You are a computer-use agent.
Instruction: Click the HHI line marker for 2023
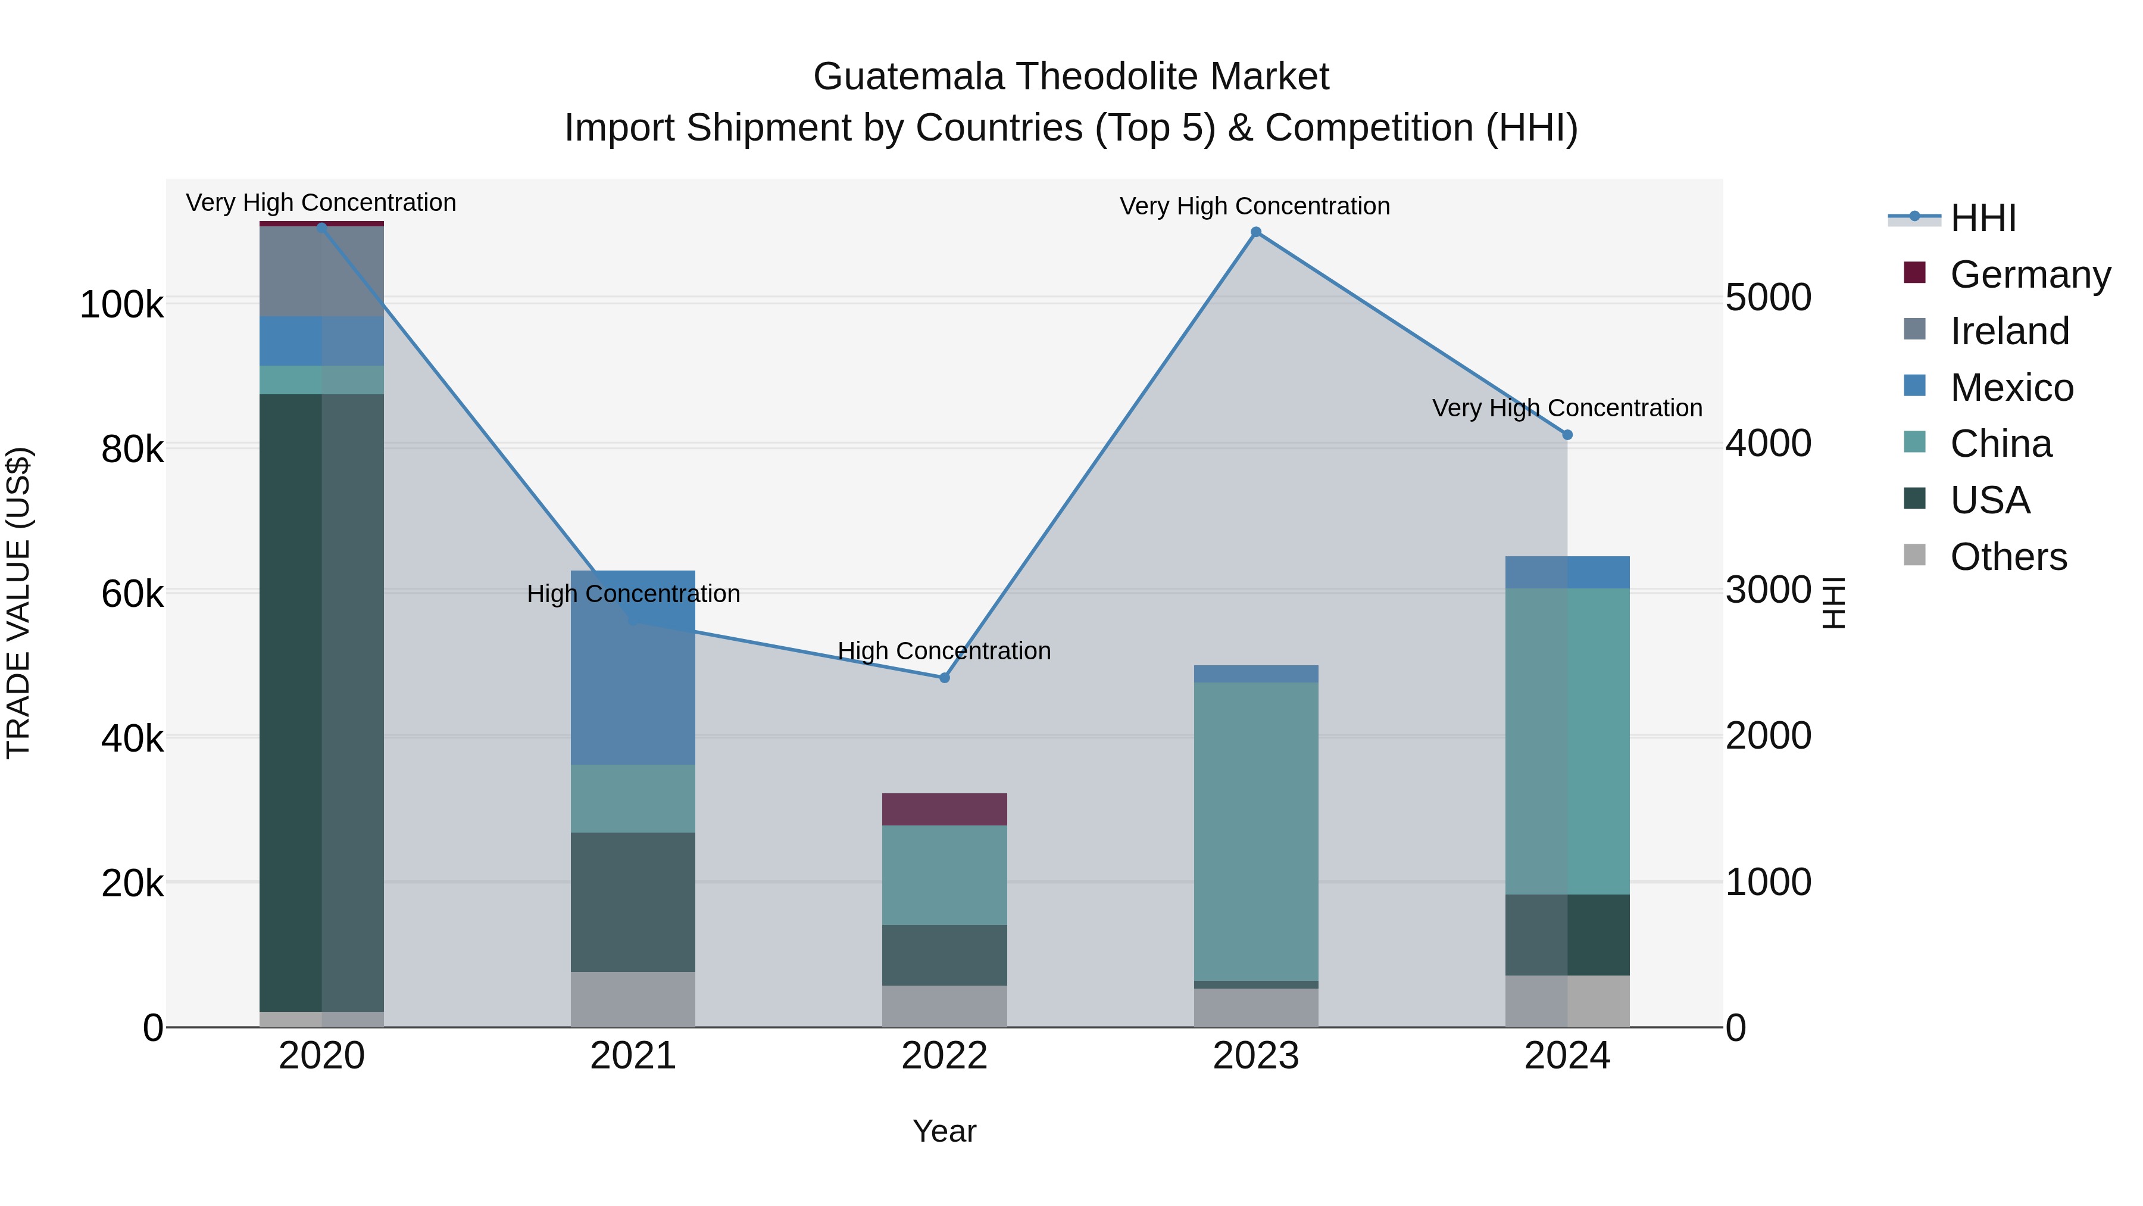(x=1256, y=232)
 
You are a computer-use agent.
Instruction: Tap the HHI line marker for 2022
(x=944, y=678)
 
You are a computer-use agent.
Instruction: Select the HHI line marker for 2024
(x=1567, y=435)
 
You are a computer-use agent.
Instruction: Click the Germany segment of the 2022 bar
(x=944, y=809)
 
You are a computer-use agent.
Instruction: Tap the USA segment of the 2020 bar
(x=322, y=703)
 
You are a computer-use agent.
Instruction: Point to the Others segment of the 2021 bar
(x=633, y=999)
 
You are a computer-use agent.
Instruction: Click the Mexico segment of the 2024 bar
(x=1567, y=572)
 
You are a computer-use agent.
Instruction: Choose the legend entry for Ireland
(x=2009, y=331)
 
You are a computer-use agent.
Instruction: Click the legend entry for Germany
(x=2030, y=275)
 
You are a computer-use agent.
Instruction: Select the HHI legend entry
(x=1982, y=218)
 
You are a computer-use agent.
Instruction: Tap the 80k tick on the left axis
(x=132, y=450)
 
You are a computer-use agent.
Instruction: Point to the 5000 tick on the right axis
(x=1769, y=298)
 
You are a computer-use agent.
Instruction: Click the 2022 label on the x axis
(x=944, y=1056)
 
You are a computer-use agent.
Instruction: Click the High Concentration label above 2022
(x=944, y=651)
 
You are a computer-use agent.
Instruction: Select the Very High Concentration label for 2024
(x=1567, y=408)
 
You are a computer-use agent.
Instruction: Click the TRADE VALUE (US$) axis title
(x=18, y=603)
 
